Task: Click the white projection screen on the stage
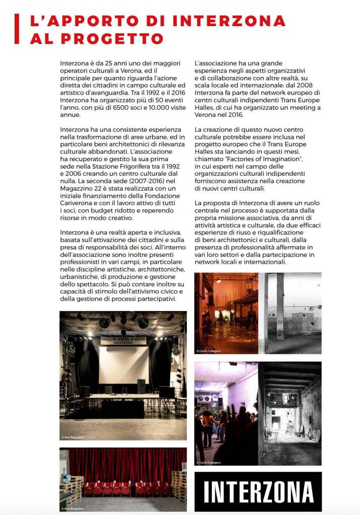pos(124,364)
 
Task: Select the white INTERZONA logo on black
pos(258,491)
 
